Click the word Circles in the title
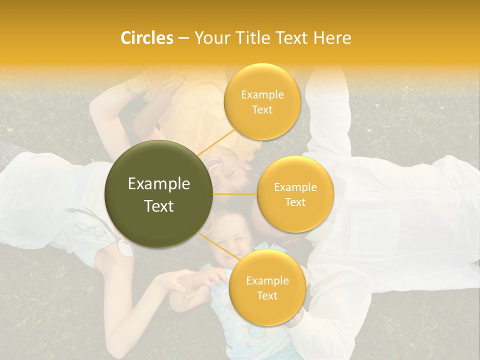pos(147,37)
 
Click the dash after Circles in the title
pos(183,38)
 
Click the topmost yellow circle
pos(262,101)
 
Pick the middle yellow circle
pos(295,194)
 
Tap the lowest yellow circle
pos(267,287)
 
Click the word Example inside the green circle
pos(159,183)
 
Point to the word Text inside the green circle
pos(159,205)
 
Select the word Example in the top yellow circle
pos(262,94)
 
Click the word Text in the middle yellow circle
pos(295,202)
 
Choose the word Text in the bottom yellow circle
pos(267,295)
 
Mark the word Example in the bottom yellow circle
pos(267,280)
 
